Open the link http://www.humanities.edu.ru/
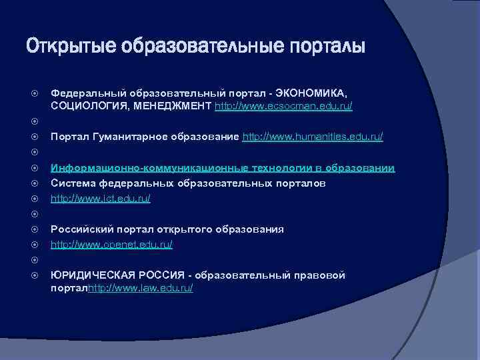pos(312,137)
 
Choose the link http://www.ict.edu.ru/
pos(101,199)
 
